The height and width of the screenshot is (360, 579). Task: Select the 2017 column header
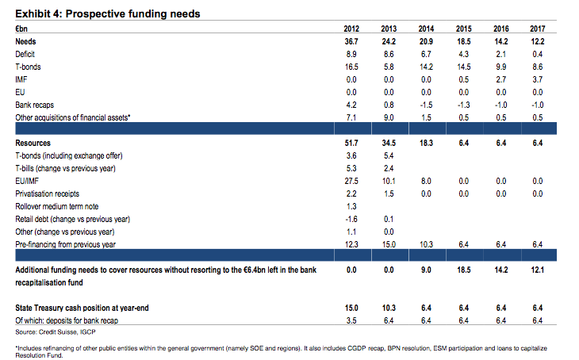click(537, 29)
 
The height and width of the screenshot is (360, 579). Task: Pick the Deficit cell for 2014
click(425, 53)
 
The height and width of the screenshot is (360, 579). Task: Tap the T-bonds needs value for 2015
click(463, 67)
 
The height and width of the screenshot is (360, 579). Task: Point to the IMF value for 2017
click(538, 79)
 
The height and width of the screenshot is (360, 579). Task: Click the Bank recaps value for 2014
click(424, 105)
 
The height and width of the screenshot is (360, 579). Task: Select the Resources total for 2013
click(388, 142)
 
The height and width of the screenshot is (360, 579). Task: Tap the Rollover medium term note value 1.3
click(350, 205)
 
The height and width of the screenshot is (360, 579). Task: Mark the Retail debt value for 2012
click(348, 218)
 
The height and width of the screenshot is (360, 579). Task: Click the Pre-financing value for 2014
click(425, 243)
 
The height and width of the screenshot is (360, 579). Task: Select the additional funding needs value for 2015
click(463, 270)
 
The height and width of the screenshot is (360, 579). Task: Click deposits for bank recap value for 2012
click(350, 320)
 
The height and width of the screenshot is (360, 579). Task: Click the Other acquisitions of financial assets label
click(73, 117)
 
